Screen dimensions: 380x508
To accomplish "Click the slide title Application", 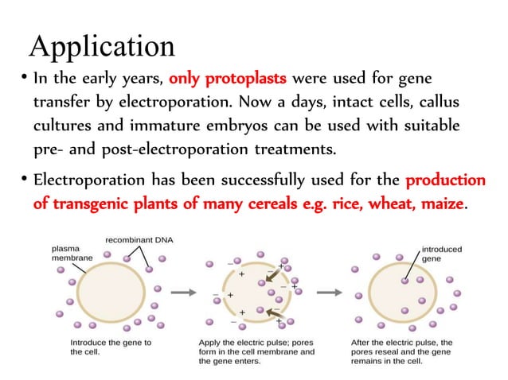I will [x=102, y=45].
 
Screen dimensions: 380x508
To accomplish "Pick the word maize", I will [x=436, y=204].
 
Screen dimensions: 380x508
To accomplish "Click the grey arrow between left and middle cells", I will [x=184, y=292].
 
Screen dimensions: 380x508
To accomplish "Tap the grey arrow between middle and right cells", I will [x=328, y=292].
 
